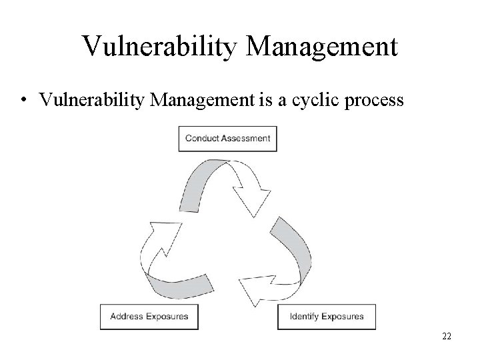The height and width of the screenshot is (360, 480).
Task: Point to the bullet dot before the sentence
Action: [x=23, y=101]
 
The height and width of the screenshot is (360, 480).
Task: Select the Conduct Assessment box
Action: [x=227, y=139]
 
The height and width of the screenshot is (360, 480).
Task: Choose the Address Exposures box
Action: [x=149, y=316]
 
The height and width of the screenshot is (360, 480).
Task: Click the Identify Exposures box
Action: [x=326, y=316]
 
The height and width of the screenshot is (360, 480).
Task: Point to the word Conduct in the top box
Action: [x=201, y=139]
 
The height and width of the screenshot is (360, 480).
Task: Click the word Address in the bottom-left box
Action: [x=127, y=316]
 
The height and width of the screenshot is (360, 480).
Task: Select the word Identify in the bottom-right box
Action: [x=304, y=316]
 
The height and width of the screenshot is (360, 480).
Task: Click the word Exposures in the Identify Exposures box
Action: [x=343, y=316]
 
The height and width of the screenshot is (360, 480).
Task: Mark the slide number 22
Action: [x=447, y=336]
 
